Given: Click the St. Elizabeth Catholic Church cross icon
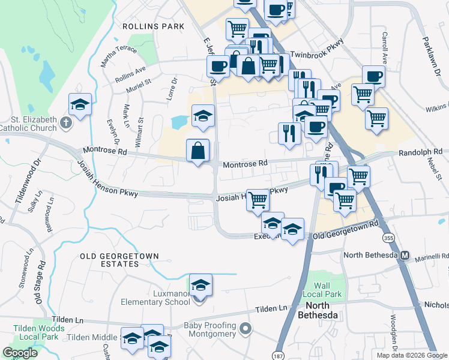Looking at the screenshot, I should [x=67, y=124].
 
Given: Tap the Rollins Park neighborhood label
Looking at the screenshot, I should [x=152, y=26].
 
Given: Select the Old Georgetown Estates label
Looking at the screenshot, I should [x=120, y=260].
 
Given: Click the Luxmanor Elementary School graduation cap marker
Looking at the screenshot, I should [x=201, y=285].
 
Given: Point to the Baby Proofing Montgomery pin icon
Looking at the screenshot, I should [x=245, y=329].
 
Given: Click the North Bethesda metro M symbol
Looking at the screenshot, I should [x=405, y=255].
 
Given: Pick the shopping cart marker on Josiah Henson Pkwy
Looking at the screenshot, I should [x=258, y=200].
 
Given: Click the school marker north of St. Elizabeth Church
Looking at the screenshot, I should [x=80, y=104].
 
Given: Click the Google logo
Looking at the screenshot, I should [x=20, y=353].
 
